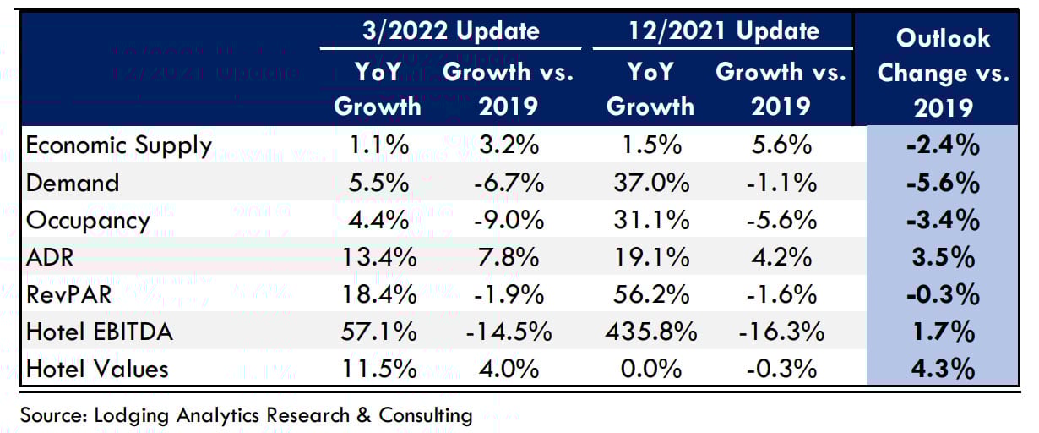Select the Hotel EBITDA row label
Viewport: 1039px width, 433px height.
pyautogui.click(x=99, y=332)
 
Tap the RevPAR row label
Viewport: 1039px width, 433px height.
pyautogui.click(x=73, y=294)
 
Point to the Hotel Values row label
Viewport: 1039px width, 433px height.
pyautogui.click(x=97, y=369)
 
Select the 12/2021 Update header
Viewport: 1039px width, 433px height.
pyautogui.click(x=724, y=31)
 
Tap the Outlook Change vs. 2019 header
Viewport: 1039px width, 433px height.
pyautogui.click(x=944, y=73)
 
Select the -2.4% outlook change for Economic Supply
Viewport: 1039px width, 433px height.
pyautogui.click(x=944, y=146)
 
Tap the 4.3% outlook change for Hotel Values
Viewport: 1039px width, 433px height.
pyautogui.click(x=944, y=369)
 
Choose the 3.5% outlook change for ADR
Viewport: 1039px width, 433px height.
pyautogui.click(x=944, y=257)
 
